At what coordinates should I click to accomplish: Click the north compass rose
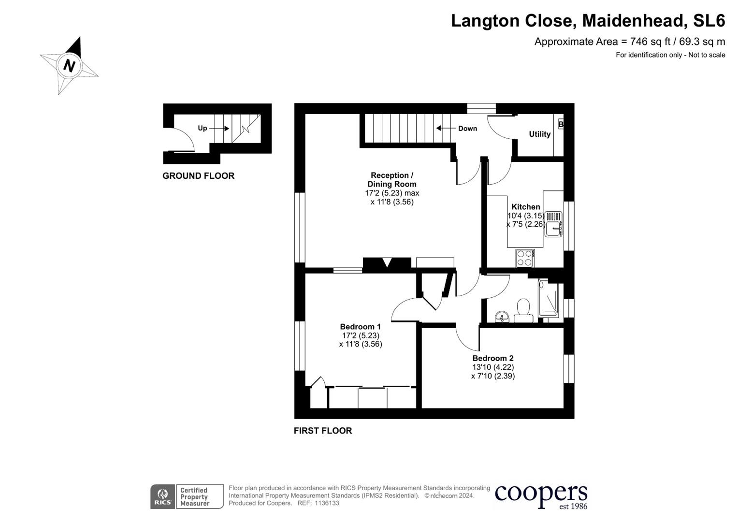click(x=69, y=65)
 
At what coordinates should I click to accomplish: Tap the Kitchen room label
click(x=525, y=207)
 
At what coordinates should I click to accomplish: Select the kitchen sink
click(x=554, y=224)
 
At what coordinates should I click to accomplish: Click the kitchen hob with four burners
click(x=525, y=258)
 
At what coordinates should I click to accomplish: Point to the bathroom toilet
click(x=523, y=310)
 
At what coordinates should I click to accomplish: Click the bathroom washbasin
click(x=503, y=317)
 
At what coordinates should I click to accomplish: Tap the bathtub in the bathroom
click(x=549, y=300)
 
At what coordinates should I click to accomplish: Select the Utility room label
click(x=539, y=134)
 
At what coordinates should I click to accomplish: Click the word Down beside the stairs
click(x=467, y=129)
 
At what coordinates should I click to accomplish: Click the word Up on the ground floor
click(x=202, y=128)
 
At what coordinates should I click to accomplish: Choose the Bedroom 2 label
click(x=493, y=358)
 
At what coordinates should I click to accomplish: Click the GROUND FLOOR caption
click(x=198, y=176)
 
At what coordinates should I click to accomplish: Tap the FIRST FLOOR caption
click(x=323, y=431)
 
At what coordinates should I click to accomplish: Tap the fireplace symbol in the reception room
click(x=387, y=263)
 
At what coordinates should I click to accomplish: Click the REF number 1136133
click(x=327, y=503)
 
